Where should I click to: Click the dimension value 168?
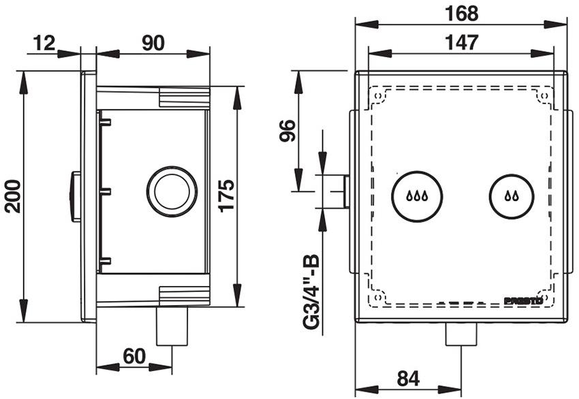[x=463, y=13]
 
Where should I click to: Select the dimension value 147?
[x=462, y=42]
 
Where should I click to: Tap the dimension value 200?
[x=13, y=196]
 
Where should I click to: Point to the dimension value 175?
[x=227, y=195]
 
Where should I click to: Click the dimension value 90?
[x=153, y=42]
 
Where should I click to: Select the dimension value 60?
[x=135, y=355]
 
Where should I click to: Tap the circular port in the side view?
[x=172, y=191]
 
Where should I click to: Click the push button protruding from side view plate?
[x=74, y=196]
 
